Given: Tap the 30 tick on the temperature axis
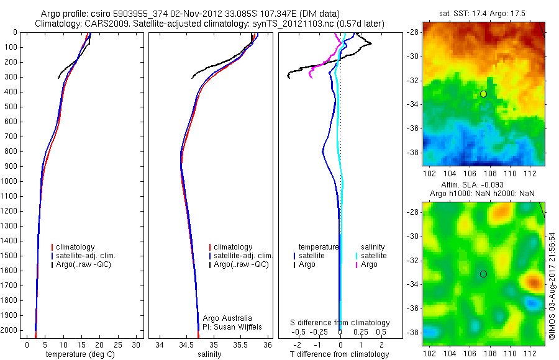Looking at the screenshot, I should pos(137,344).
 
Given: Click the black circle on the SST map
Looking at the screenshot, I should pos(483,94).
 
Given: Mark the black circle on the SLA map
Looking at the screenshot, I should pos(483,274).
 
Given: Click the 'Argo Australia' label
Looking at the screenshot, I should pos(227,318).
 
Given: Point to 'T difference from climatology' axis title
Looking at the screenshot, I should pos(340,354).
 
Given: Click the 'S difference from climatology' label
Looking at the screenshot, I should pos(340,323).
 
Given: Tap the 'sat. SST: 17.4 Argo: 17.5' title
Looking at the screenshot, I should pos(483,12).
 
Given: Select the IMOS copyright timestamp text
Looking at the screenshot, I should pos(552,286).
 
